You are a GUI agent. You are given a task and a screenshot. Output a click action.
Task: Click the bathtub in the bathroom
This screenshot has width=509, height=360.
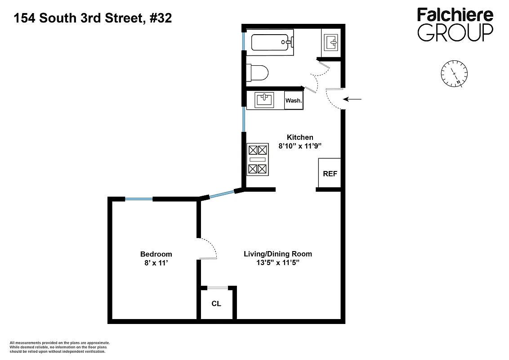click(x=272, y=43)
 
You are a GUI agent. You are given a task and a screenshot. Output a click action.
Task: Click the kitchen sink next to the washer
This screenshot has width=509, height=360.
click(x=264, y=100)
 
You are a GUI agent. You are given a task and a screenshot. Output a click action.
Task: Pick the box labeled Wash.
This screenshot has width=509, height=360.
click(x=294, y=100)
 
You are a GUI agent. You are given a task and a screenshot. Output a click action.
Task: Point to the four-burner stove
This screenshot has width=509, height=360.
click(x=258, y=159)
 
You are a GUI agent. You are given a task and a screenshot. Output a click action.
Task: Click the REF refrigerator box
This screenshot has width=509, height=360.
click(x=330, y=174)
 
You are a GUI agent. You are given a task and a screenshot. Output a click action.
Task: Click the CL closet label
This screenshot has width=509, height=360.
click(x=216, y=304)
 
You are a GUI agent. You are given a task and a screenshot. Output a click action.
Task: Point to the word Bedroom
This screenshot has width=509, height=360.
click(x=156, y=254)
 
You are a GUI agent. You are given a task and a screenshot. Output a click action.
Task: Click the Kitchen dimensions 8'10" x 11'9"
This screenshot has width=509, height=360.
click(x=300, y=146)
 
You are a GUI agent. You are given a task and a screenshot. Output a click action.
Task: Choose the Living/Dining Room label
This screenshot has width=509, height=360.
click(x=277, y=254)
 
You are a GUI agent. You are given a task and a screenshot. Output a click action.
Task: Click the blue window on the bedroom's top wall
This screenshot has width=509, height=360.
click(x=139, y=199)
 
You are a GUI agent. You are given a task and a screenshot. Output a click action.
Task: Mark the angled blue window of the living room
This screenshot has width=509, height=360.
click(x=222, y=194)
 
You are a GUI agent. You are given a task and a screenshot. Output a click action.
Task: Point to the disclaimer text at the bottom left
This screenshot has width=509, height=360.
click(x=60, y=347)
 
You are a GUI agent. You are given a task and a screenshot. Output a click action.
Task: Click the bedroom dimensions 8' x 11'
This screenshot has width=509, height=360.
click(x=156, y=263)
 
